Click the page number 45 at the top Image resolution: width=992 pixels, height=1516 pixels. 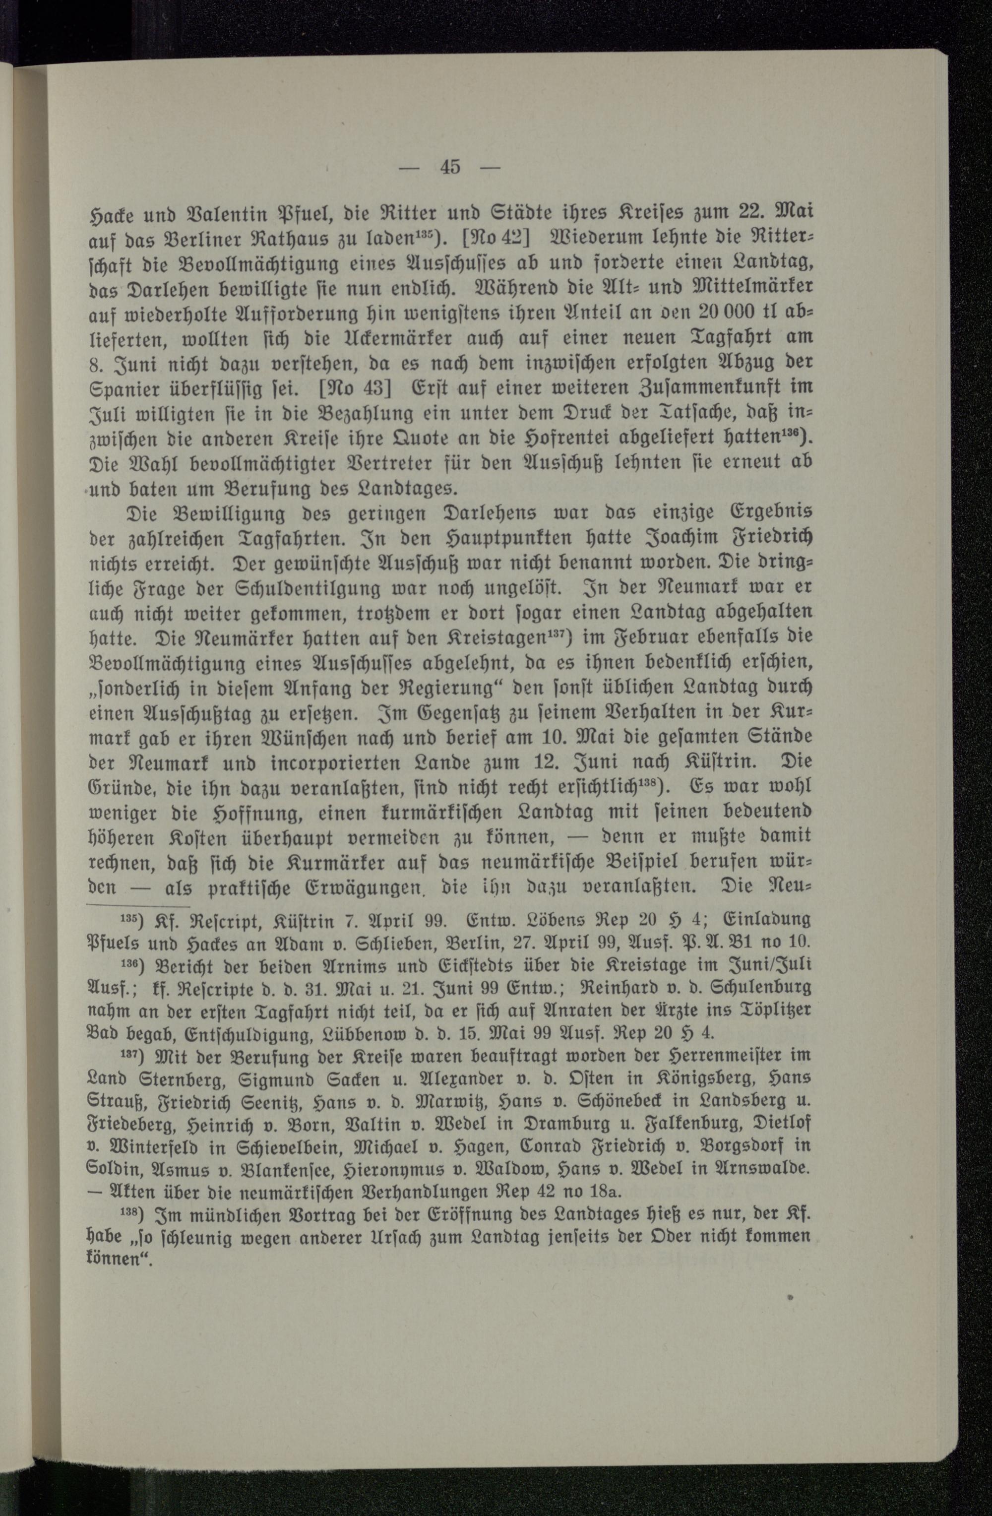tap(449, 168)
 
